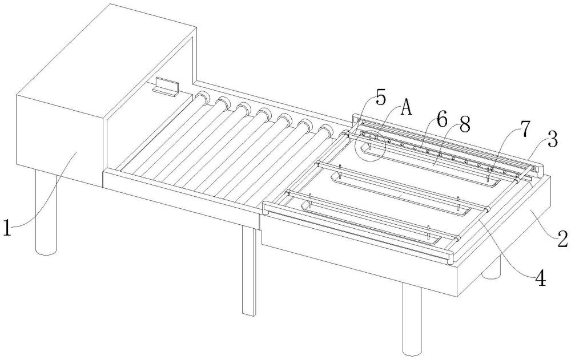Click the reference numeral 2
click(562, 239)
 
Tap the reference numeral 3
click(552, 139)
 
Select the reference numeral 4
click(540, 279)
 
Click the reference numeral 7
click(524, 130)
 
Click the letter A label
click(407, 108)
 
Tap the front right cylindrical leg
click(412, 320)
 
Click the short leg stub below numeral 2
click(492, 269)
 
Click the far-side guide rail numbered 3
click(448, 142)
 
